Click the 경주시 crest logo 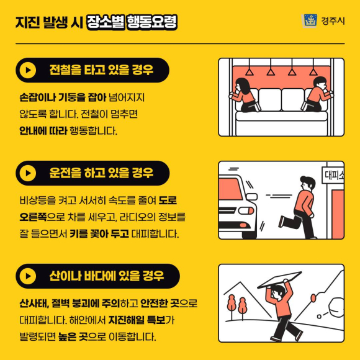click(309, 20)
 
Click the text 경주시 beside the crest click(333, 21)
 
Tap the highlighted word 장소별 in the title click(106, 22)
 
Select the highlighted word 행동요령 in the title click(152, 22)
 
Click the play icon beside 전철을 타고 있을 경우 click(28, 70)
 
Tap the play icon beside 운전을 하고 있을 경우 click(28, 173)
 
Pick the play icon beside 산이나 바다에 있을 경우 click(28, 276)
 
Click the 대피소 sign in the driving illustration click(333, 176)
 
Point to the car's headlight click(246, 210)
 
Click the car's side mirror click(251, 197)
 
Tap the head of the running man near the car click(307, 183)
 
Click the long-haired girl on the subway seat click(245, 95)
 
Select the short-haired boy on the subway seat click(317, 94)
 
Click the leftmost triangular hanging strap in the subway click(250, 72)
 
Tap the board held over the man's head click(279, 280)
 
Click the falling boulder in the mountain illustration click(336, 307)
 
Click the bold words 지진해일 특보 click(137, 320)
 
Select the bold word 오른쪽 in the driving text click(33, 217)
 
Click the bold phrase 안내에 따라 click(43, 130)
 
